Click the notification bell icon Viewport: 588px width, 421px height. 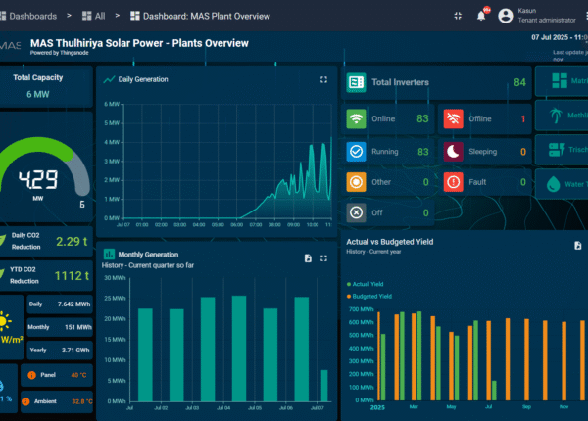481,15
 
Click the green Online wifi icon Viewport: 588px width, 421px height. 357,118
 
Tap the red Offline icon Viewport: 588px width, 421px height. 453,118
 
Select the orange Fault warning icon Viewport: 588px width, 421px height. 453,181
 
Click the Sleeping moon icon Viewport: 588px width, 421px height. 453,151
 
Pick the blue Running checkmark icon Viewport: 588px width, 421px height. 357,151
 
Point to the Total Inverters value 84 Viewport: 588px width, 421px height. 519,82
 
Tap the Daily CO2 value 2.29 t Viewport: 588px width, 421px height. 72,241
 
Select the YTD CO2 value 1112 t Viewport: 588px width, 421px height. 72,275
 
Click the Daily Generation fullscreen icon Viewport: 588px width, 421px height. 324,79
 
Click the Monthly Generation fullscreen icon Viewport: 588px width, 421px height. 324,257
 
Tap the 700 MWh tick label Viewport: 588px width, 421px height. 362,309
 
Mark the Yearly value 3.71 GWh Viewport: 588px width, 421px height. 75,350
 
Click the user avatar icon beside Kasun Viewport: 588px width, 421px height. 506,15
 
